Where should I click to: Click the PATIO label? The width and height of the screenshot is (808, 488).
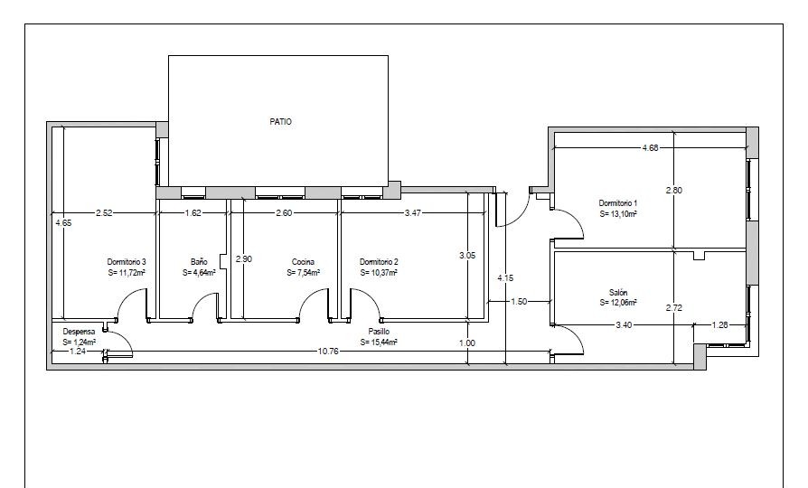pos(280,122)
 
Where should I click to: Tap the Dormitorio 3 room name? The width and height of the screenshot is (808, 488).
pos(127,262)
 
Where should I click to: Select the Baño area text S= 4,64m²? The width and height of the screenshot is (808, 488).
pos(199,273)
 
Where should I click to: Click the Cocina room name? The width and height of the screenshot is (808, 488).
pos(303,262)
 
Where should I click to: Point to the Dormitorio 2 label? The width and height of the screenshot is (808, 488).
pos(379,262)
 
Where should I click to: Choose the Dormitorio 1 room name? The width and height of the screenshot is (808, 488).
pos(618,203)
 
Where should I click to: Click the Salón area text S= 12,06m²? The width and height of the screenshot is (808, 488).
pos(618,303)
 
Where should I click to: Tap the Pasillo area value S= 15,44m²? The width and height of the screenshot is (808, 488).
pos(379,343)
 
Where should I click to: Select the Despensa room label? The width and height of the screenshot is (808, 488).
pos(79,332)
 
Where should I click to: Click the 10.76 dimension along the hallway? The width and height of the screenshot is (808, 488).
pos(328,352)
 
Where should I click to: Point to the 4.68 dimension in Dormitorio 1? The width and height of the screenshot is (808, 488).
pos(650,148)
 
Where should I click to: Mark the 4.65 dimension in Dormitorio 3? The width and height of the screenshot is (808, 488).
pos(63,223)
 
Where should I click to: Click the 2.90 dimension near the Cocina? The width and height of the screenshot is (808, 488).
pos(244,258)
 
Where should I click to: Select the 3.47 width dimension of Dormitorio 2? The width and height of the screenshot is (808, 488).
pos(413,212)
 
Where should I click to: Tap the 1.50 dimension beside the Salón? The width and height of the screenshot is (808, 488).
pos(519,302)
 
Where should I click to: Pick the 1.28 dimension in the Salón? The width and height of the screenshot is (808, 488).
pos(720,324)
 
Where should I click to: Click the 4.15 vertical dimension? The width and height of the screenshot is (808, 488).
pos(505,277)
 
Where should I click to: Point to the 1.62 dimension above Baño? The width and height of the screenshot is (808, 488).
pos(193,212)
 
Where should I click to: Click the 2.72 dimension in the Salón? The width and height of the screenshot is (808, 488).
pos(674,307)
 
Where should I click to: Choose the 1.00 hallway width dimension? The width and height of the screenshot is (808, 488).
pos(467,343)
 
